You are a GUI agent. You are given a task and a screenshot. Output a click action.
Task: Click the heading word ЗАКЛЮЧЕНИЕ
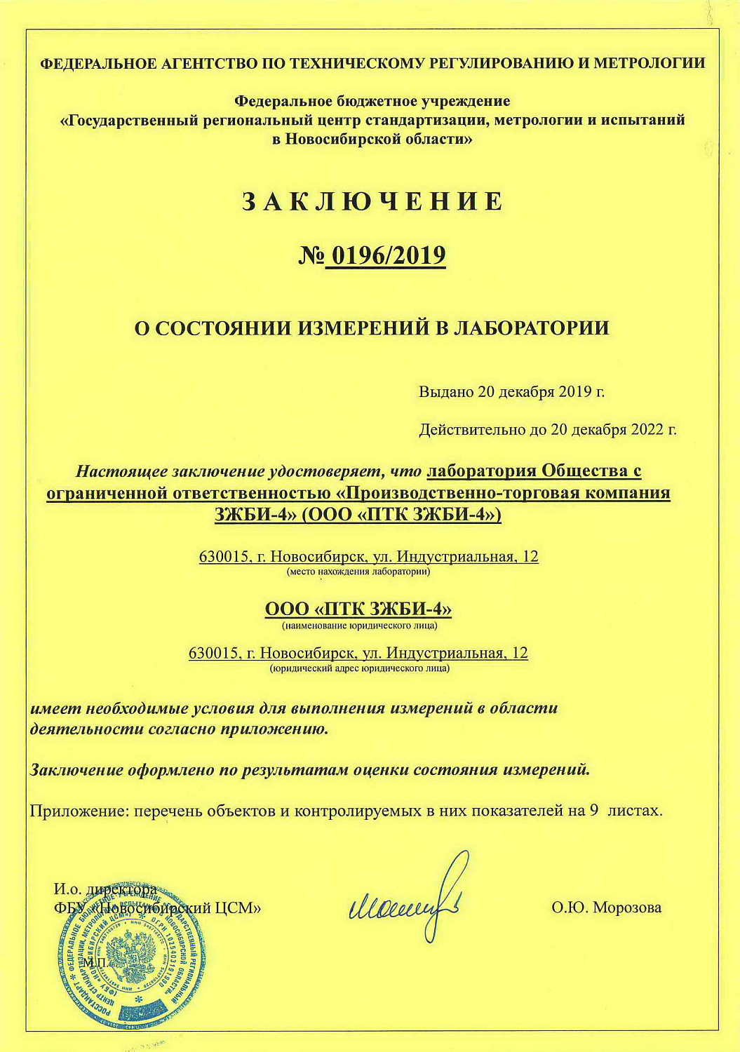(372, 201)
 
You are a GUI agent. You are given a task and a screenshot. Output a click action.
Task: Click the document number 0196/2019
(384, 256)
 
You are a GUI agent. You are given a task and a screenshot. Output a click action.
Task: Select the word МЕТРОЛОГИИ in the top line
(649, 63)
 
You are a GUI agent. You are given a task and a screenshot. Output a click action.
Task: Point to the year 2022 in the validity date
(646, 429)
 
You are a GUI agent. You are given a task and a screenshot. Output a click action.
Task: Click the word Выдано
(446, 391)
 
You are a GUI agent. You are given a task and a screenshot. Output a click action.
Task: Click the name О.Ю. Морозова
(606, 908)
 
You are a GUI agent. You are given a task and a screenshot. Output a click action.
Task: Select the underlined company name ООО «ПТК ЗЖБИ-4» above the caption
(358, 609)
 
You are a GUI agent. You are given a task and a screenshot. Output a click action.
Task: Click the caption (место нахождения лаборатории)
(358, 572)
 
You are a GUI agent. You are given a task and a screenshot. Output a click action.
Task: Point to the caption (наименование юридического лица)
(359, 625)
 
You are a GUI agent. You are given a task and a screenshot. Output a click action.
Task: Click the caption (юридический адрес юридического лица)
(359, 668)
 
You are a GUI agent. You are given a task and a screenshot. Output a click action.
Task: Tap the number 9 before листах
(593, 811)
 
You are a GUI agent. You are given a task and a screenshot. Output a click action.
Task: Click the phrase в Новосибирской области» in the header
(372, 139)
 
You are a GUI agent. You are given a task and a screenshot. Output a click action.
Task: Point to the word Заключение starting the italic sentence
(76, 770)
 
